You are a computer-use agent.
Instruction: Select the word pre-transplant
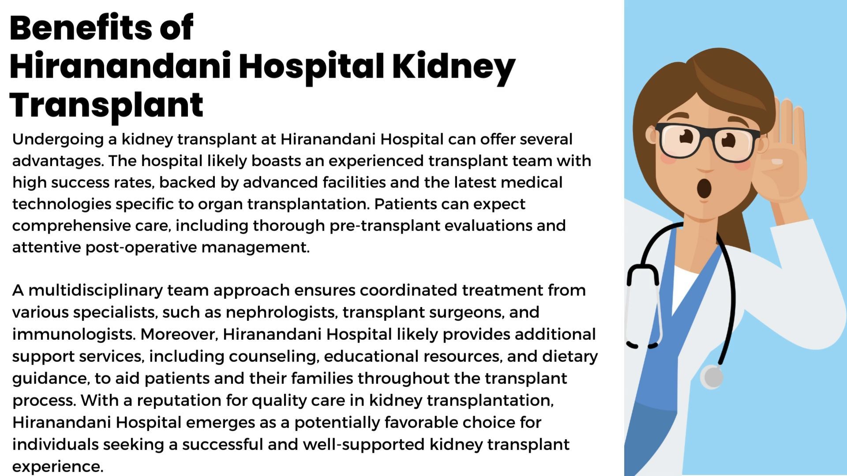tap(384, 226)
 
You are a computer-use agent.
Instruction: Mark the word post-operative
tap(141, 248)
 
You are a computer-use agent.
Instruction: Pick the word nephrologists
tap(281, 312)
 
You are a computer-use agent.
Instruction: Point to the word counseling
tap(274, 357)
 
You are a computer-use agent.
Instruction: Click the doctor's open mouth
tap(704, 189)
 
